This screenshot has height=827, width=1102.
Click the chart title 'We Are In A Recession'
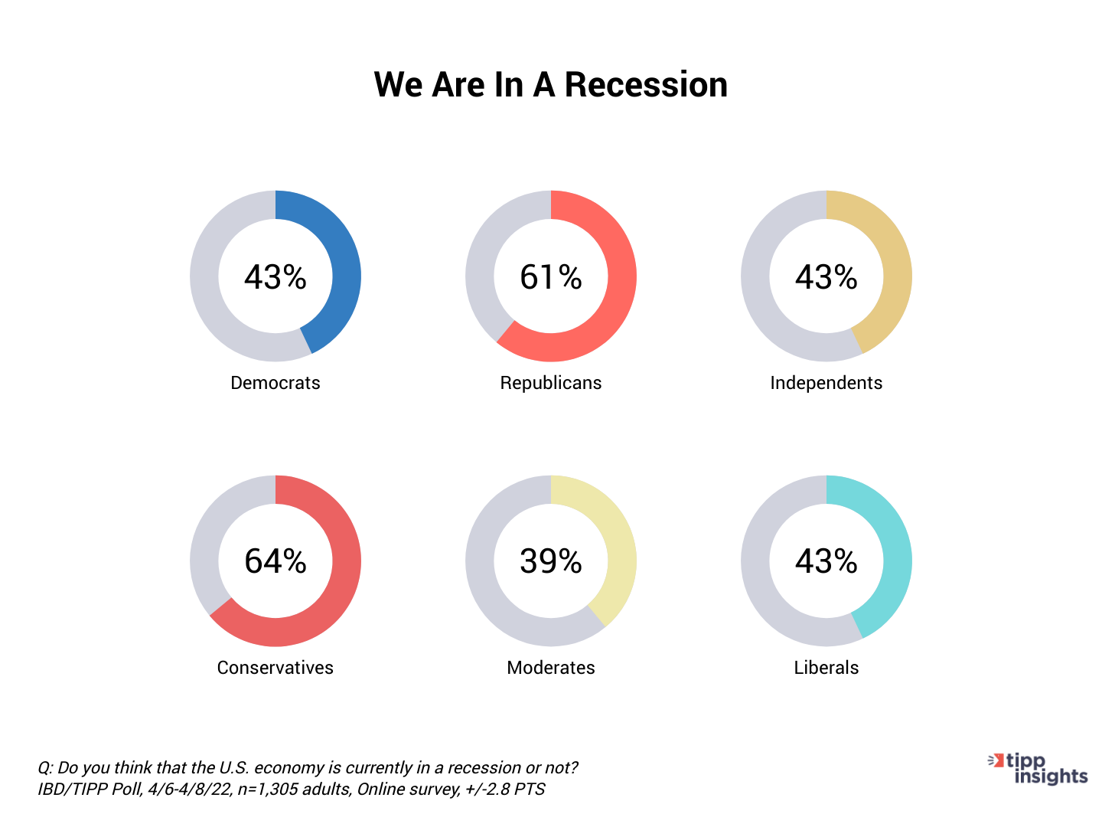[551, 84]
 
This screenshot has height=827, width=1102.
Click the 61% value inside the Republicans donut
[551, 276]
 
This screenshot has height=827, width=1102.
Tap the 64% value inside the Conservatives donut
[275, 561]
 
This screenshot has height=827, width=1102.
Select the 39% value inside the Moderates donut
[551, 561]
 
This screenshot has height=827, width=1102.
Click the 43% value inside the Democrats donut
[275, 276]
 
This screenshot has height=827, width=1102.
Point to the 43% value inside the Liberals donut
[826, 561]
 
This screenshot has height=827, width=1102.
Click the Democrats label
[275, 383]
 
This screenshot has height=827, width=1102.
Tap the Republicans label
[551, 383]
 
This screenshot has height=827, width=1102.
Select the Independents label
[826, 383]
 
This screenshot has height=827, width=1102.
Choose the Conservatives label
[275, 668]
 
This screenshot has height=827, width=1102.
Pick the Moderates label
[551, 668]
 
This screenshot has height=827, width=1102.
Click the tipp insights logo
[1037, 769]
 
